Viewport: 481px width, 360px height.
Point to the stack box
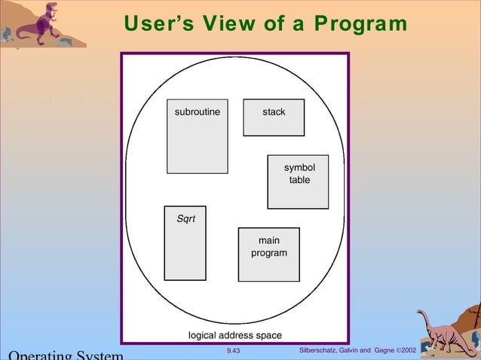point(274,117)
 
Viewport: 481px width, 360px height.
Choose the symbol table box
point(298,182)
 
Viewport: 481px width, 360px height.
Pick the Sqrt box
point(185,243)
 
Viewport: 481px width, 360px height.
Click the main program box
point(268,255)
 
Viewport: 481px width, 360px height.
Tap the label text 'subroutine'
point(198,112)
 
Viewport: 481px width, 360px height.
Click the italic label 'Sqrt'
point(185,219)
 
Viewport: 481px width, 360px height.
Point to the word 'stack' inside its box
point(274,112)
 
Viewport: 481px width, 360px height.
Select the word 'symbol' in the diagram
point(299,167)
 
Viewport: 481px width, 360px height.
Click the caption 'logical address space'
point(234,335)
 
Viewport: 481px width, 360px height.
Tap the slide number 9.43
point(234,351)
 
